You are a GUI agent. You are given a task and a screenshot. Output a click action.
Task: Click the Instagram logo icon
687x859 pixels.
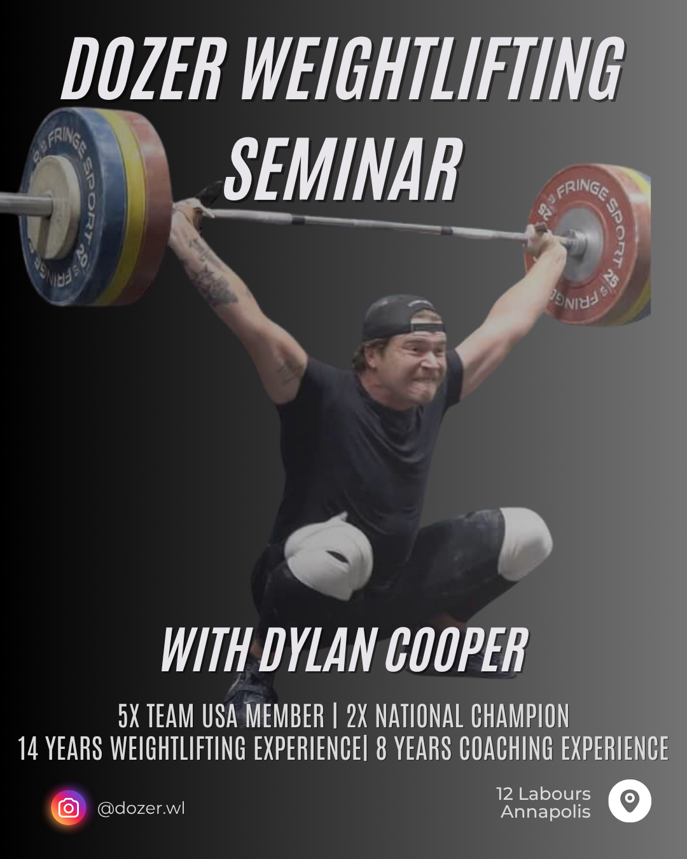click(x=68, y=808)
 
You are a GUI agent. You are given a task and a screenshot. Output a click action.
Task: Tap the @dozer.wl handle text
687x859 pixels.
click(x=141, y=808)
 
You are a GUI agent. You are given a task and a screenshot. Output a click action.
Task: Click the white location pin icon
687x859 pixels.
click(x=630, y=800)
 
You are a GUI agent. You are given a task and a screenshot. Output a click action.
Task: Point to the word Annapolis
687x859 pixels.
click(x=545, y=811)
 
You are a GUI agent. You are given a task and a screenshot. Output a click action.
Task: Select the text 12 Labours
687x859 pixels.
click(x=543, y=793)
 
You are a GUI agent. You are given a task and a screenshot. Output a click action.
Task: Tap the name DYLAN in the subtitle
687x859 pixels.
click(x=319, y=650)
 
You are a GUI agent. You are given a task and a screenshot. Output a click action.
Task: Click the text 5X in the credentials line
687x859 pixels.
click(x=128, y=716)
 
